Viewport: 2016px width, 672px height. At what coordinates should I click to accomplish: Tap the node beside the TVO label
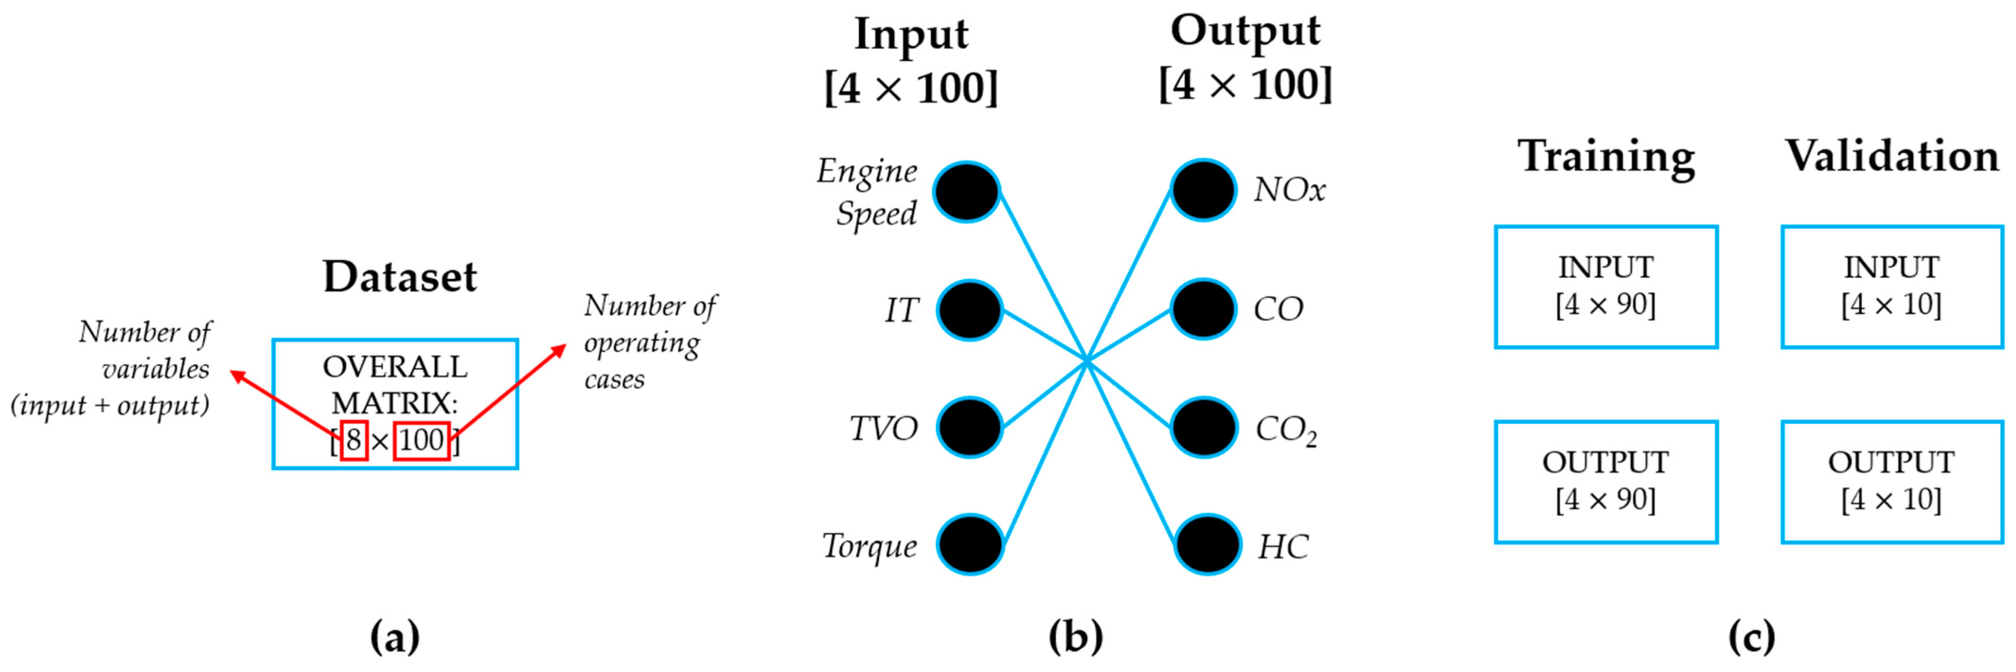tap(969, 428)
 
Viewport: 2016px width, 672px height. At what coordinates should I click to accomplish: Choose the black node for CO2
tap(1204, 428)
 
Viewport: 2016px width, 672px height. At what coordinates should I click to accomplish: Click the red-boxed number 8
tap(354, 440)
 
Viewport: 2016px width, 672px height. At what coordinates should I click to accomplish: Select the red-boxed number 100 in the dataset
tap(421, 440)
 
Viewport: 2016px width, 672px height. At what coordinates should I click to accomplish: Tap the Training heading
tap(1606, 157)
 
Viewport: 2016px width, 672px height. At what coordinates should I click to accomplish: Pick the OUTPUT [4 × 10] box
tap(1892, 482)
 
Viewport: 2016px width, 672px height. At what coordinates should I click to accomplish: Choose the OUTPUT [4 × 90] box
tap(1606, 482)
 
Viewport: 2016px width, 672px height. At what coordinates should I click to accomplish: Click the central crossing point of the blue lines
tap(1086, 361)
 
